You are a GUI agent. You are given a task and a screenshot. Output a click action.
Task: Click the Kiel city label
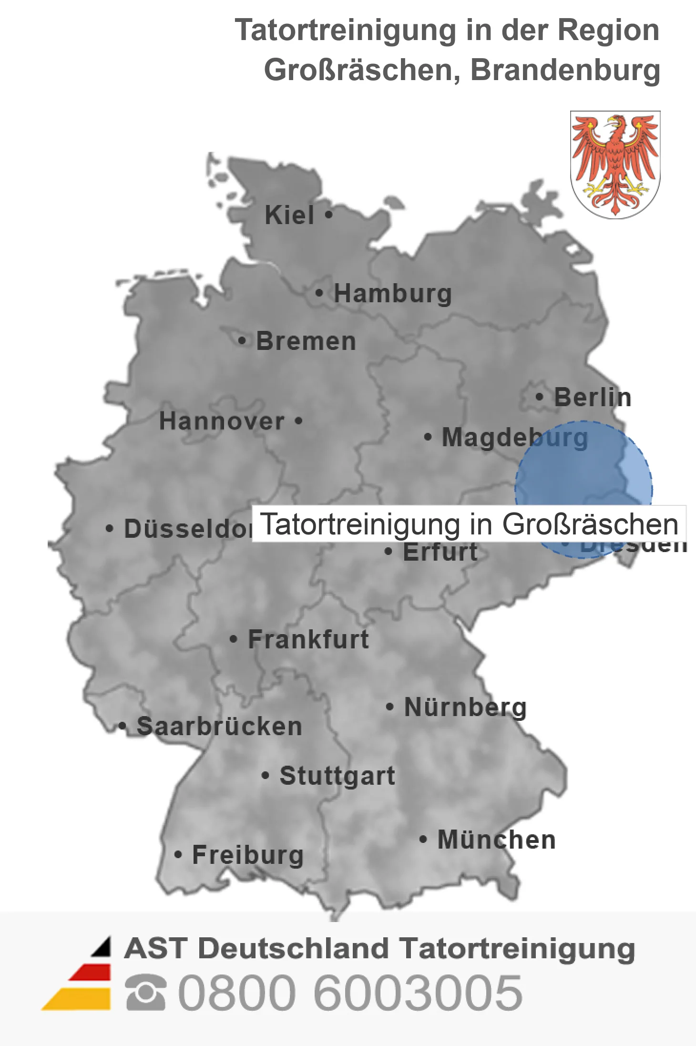point(289,215)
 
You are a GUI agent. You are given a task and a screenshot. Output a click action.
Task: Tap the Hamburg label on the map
point(392,293)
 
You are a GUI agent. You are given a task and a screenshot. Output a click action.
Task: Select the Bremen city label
point(306,341)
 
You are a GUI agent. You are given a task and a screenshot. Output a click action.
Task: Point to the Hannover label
point(222,421)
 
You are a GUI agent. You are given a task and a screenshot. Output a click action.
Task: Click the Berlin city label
point(593,397)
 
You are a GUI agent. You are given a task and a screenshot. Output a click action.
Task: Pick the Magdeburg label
point(515,437)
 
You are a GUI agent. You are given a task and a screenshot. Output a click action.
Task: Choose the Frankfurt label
point(308,639)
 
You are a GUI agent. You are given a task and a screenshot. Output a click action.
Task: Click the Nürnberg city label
point(465,707)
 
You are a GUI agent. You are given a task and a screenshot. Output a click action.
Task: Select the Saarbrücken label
point(219,727)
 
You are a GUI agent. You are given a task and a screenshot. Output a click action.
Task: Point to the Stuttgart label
point(338,776)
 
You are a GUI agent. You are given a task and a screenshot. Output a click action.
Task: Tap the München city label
point(497,840)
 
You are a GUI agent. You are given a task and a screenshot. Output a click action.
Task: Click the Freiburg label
point(248,855)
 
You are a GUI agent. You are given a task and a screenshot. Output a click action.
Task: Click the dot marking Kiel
point(328,215)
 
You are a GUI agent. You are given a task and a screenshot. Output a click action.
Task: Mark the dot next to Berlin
point(539,397)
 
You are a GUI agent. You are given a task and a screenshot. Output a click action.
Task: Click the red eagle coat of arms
point(615,164)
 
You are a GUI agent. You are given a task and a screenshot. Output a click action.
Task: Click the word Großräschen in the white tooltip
point(590,524)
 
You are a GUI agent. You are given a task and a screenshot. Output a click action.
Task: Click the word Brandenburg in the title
point(565,70)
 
